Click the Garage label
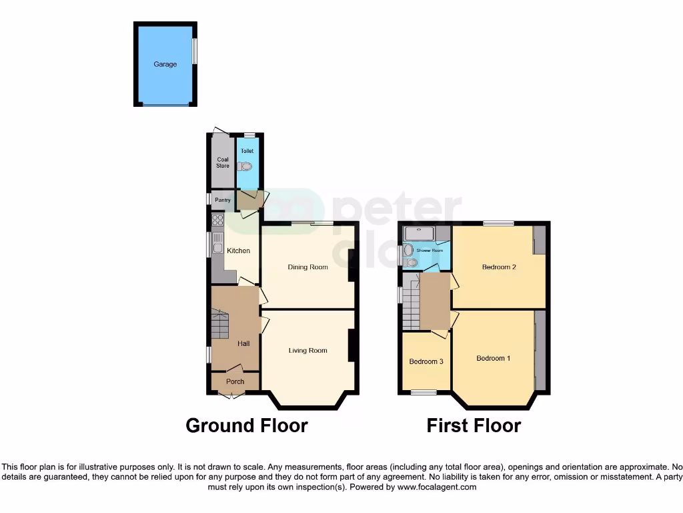pyautogui.click(x=165, y=64)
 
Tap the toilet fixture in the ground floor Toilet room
pyautogui.click(x=246, y=166)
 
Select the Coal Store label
pyautogui.click(x=223, y=162)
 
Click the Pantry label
pyautogui.click(x=222, y=199)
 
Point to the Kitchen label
pyautogui.click(x=238, y=250)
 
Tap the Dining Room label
pyautogui.click(x=307, y=267)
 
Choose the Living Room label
pyautogui.click(x=307, y=350)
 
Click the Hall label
pyautogui.click(x=243, y=343)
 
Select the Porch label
pyautogui.click(x=235, y=381)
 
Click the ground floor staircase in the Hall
pyautogui.click(x=220, y=326)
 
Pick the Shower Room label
pyautogui.click(x=430, y=251)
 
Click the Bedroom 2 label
pyautogui.click(x=500, y=267)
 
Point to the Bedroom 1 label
pyautogui.click(x=494, y=358)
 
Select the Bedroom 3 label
pyautogui.click(x=426, y=361)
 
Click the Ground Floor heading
pyautogui.click(x=246, y=425)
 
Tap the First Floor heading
pyautogui.click(x=474, y=425)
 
